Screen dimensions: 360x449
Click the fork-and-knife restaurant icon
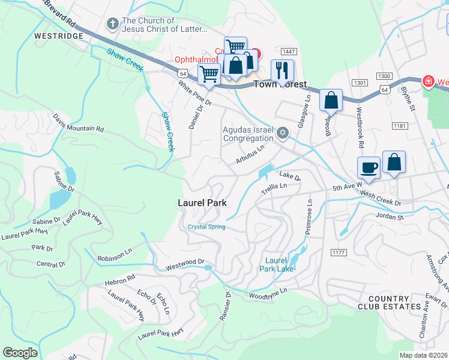tap(282, 70)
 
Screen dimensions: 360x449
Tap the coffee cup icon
tap(368, 167)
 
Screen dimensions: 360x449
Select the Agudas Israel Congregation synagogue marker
tap(283, 134)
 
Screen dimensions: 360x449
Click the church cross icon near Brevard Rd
tap(112, 24)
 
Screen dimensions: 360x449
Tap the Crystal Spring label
tap(206, 227)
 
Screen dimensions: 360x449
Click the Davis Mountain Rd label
tap(78, 124)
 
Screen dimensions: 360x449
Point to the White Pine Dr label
tap(195, 94)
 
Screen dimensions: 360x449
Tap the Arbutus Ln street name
tap(250, 154)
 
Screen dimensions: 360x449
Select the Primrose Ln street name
tap(310, 216)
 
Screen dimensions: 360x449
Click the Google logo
tap(20, 352)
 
